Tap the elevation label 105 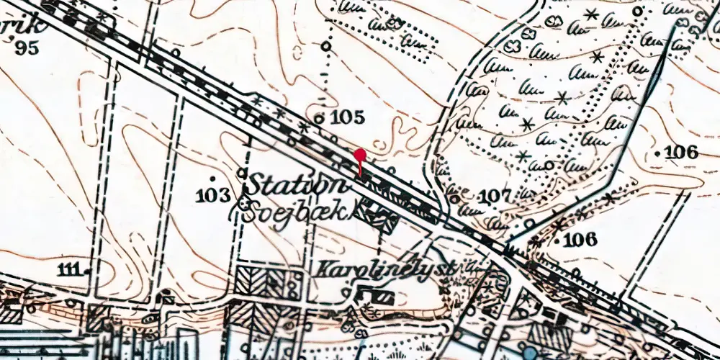coord(349,117)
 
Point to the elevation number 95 coord(27,48)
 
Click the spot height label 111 coord(70,269)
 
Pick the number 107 coord(495,196)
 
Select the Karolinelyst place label coord(385,269)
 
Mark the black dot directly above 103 coord(213,177)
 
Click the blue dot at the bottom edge coord(531,354)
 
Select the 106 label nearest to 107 coord(581,240)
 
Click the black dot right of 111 coord(87,271)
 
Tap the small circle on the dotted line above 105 coord(326,46)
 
